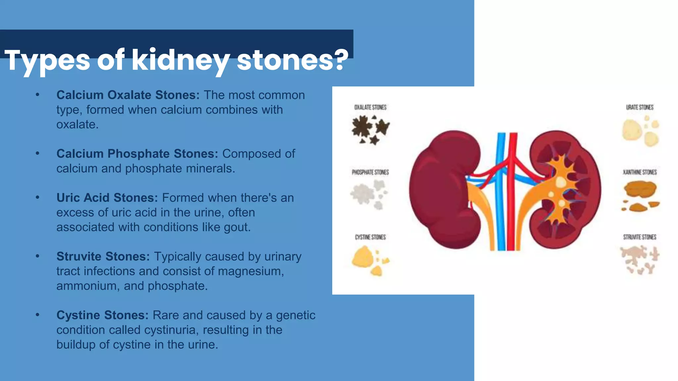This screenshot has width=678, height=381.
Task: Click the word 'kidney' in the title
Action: [x=181, y=61]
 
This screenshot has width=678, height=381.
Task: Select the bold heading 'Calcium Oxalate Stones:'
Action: [x=128, y=95]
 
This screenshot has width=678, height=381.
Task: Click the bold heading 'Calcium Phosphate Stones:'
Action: [x=137, y=154]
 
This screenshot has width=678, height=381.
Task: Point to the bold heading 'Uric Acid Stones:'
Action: [x=107, y=198]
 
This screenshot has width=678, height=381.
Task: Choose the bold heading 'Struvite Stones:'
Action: [x=103, y=257]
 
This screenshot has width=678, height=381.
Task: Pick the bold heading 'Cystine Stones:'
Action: [x=102, y=315]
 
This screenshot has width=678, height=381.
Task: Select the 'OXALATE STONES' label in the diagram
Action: [x=370, y=107]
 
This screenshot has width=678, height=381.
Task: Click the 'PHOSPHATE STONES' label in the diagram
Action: [x=370, y=172]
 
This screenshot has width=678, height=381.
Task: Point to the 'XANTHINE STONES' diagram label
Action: [x=640, y=172]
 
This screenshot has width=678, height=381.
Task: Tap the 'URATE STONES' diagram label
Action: [x=640, y=107]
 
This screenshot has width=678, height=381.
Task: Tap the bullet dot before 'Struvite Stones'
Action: [x=38, y=256]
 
